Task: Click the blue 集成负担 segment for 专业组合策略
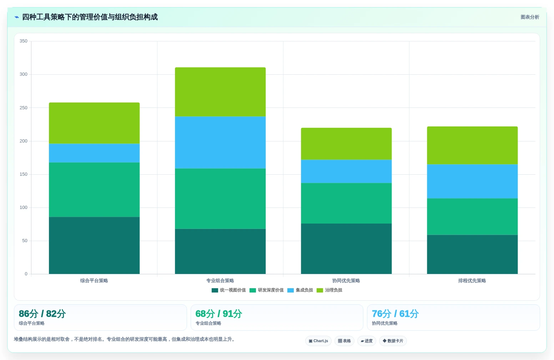[x=220, y=142]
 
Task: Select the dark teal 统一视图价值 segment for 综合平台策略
[x=94, y=245]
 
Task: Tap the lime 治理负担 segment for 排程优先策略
[x=472, y=145]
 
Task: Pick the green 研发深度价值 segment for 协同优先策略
[x=346, y=203]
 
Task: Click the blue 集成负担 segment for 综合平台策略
[x=94, y=153]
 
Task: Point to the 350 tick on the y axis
[x=24, y=41]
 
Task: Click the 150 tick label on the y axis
[x=24, y=174]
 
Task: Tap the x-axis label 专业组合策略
[x=220, y=281]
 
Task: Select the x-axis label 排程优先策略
[x=472, y=281]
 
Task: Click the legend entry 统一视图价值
[x=229, y=290]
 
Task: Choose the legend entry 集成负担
[x=300, y=290]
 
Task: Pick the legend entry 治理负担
[x=329, y=290]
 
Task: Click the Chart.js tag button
[x=318, y=341]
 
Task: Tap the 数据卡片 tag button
[x=393, y=341]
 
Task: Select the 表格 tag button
[x=344, y=341]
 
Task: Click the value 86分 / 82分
[x=42, y=314]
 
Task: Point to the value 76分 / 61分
[x=395, y=314]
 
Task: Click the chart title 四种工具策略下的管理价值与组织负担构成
[x=90, y=17]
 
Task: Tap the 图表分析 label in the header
[x=530, y=17]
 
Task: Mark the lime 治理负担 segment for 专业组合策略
[x=220, y=92]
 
